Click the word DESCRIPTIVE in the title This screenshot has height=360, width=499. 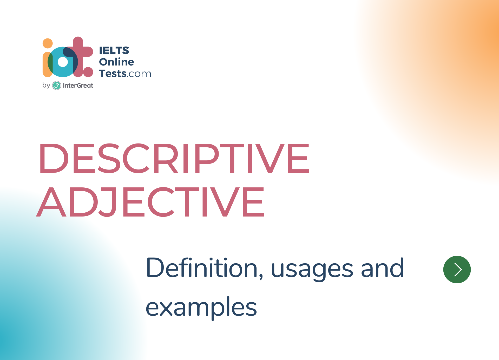click(x=174, y=158)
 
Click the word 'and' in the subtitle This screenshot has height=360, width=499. click(x=382, y=268)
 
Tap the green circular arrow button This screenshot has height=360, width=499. click(x=457, y=270)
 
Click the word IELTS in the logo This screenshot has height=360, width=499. click(x=114, y=50)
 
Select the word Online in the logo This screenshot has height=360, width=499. click(x=116, y=62)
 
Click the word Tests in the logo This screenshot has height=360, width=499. click(x=113, y=74)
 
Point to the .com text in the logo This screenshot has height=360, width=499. click(x=139, y=74)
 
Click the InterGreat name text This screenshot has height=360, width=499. click(x=78, y=86)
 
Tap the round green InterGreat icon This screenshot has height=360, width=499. click(x=57, y=86)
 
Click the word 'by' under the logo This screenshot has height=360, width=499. click(x=46, y=85)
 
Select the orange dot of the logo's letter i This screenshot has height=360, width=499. click(x=48, y=43)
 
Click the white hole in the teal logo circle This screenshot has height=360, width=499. click(x=63, y=62)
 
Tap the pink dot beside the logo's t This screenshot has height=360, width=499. click(x=88, y=72)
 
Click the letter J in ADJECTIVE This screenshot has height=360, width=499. click(x=107, y=202)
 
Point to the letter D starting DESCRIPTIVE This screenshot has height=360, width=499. click(x=54, y=158)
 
